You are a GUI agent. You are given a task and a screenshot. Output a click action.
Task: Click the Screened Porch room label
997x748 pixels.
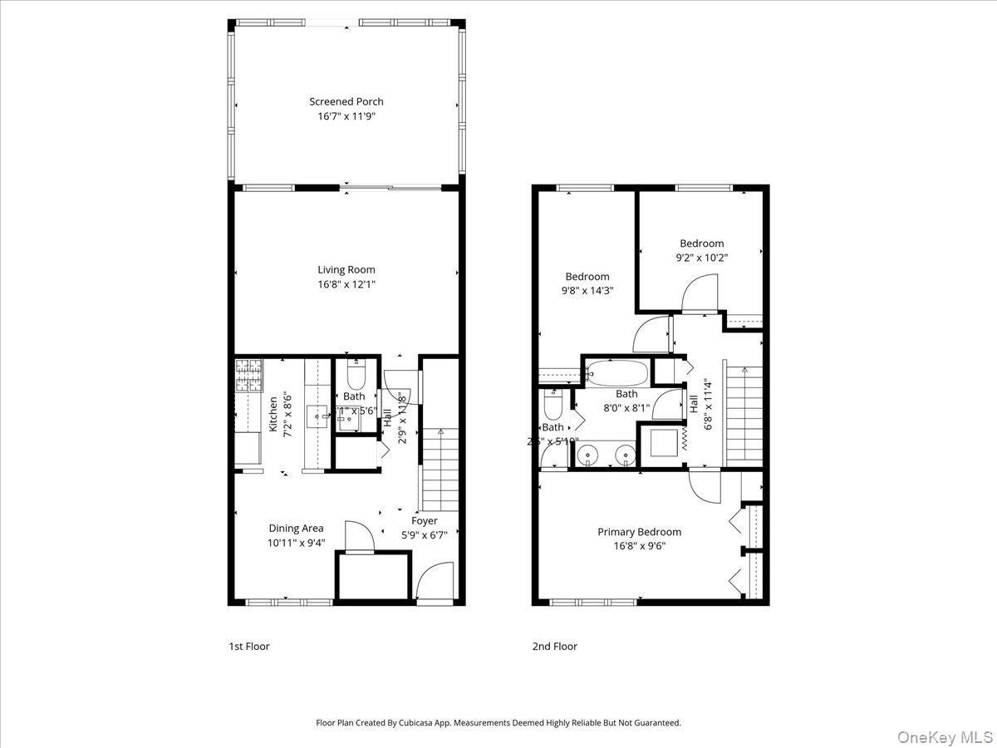[346, 101]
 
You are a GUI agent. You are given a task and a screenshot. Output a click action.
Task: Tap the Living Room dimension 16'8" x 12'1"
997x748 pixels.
[346, 284]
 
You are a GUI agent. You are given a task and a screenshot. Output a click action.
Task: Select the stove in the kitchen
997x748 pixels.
[248, 376]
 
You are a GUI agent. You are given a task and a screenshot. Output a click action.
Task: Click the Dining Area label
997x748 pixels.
[296, 528]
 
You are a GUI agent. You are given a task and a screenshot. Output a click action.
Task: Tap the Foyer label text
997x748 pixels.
[424, 521]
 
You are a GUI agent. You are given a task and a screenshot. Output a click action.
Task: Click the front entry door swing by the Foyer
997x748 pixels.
[432, 583]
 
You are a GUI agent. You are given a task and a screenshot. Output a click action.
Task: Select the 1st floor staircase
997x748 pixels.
[440, 470]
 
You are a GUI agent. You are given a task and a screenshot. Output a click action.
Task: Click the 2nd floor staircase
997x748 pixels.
[744, 416]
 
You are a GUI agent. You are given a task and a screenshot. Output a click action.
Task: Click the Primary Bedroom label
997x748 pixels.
[640, 532]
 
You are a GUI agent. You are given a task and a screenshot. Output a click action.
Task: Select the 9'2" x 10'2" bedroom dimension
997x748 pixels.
[701, 258]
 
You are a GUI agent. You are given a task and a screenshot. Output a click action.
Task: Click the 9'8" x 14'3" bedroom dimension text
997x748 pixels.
[587, 291]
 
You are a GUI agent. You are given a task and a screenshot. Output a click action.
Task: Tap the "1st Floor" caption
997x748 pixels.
[249, 646]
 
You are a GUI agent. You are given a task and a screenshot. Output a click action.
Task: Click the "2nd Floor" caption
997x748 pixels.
[555, 646]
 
